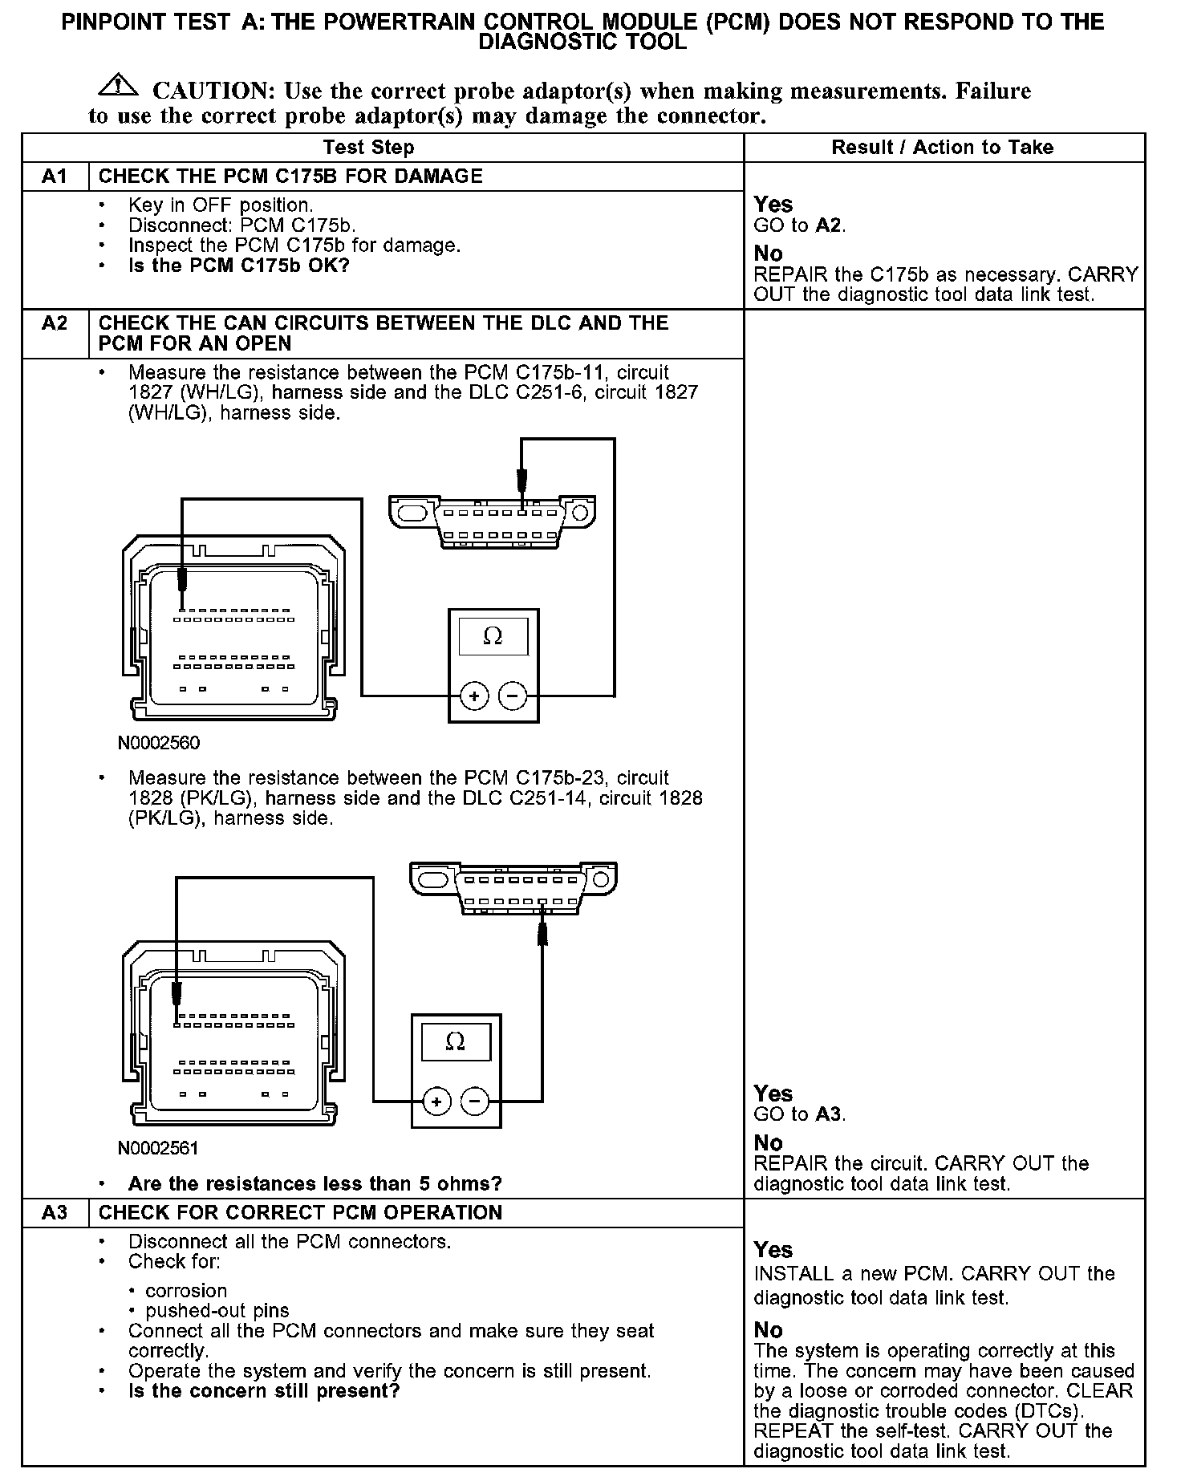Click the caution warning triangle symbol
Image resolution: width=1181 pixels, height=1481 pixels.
pos(118,84)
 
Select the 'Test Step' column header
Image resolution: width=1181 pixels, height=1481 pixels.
pos(368,148)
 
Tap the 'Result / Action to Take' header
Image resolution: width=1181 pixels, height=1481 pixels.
pos(942,148)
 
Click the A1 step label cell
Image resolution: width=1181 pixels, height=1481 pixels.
pos(55,177)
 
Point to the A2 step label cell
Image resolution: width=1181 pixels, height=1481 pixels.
pos(55,323)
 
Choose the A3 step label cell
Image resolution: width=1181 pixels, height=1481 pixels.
pos(55,1212)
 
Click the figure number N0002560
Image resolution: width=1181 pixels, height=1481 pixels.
pos(159,743)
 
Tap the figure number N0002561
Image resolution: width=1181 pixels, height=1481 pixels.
pos(158,1148)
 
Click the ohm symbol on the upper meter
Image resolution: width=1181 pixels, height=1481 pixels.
pos(493,637)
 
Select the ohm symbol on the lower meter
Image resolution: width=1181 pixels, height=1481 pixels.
pos(455,1041)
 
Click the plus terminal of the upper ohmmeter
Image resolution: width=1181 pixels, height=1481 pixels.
pos(475,696)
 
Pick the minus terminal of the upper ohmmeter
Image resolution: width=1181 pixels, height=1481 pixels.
pos(513,696)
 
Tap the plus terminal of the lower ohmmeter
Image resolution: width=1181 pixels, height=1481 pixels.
pos(436,1101)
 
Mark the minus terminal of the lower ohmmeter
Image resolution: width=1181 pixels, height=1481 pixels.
pos(475,1101)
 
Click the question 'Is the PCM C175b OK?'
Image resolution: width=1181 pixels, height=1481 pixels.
pos(239,266)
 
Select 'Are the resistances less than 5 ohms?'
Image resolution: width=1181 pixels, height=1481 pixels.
pos(315,1184)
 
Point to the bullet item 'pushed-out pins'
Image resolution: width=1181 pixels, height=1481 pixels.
pos(217,1311)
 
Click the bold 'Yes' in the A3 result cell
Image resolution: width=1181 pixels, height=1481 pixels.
pos(773,1250)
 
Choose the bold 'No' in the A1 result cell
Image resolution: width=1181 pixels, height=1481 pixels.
pos(768,254)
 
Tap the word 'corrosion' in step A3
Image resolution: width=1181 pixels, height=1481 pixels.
pos(186,1291)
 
